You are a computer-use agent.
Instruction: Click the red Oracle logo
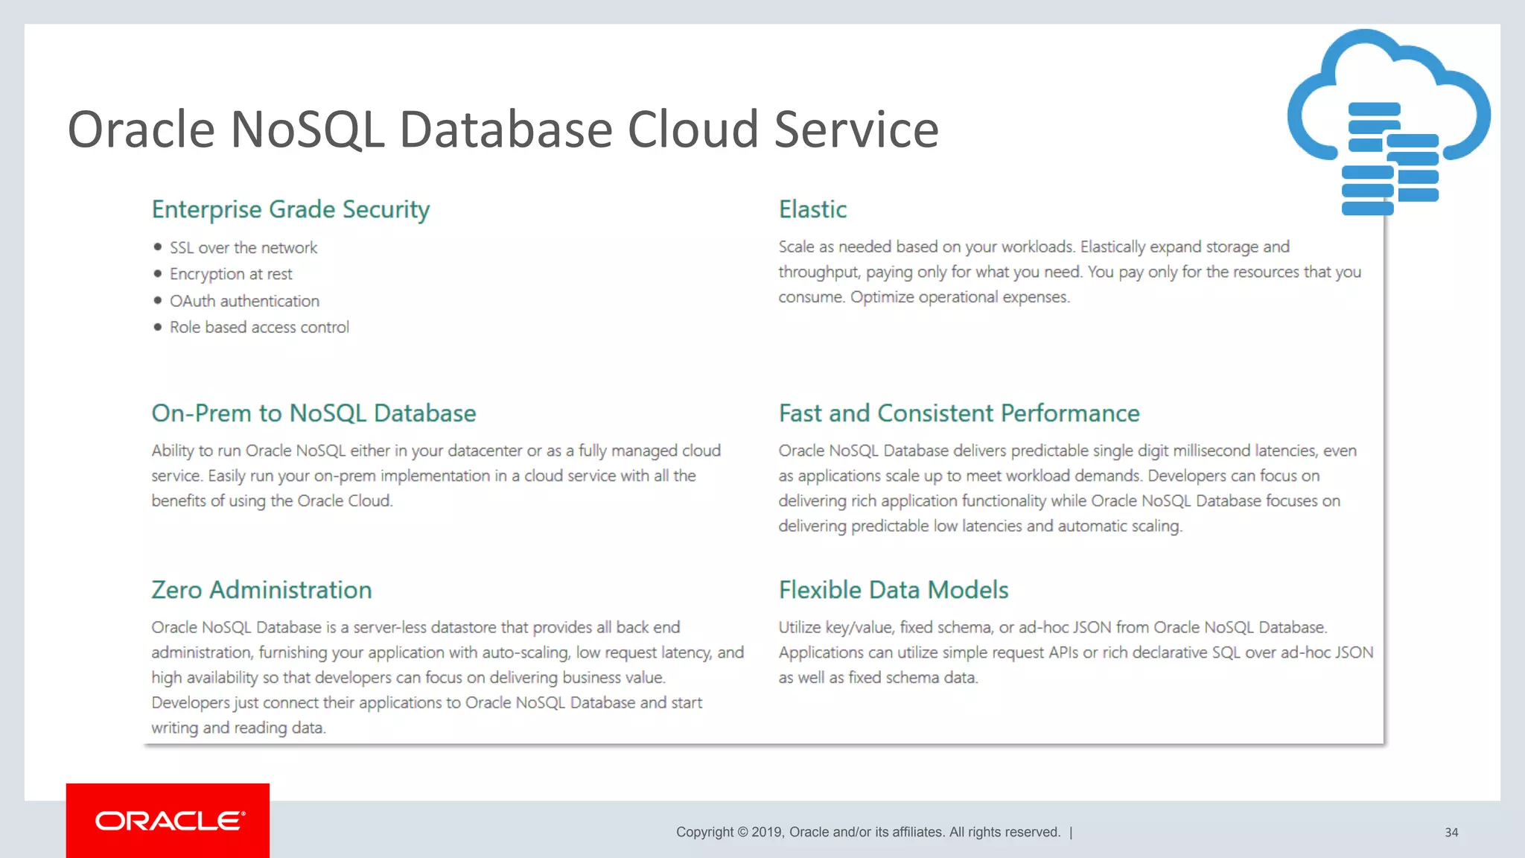pos(168,821)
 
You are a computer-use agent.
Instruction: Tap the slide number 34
pos(1451,833)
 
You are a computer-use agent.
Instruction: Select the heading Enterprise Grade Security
pos(290,209)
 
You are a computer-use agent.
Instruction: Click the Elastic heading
pos(812,209)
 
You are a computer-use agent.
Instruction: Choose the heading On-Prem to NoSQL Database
pos(313,413)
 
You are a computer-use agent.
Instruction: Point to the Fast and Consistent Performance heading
pos(959,413)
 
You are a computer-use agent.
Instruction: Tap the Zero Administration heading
pos(261,590)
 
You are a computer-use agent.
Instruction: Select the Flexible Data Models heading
pos(894,590)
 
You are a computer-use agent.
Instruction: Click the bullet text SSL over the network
pos(243,247)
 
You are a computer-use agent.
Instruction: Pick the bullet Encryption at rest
pos(231,274)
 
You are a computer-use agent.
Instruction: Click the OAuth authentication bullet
pos(244,301)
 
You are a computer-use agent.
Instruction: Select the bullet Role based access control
pos(259,327)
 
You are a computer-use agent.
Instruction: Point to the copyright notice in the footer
pos(868,832)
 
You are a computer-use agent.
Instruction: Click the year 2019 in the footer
pos(766,832)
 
